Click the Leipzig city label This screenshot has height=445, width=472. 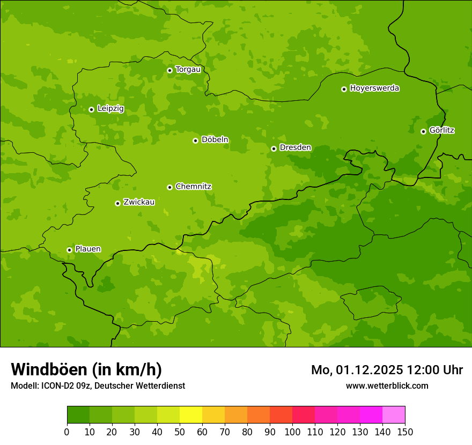click(x=110, y=109)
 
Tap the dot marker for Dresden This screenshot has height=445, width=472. click(x=274, y=149)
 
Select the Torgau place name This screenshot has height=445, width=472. click(x=188, y=70)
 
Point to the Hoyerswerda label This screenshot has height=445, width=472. click(x=374, y=88)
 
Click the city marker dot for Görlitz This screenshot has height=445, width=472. click(x=423, y=131)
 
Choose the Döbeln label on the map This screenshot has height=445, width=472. click(x=215, y=140)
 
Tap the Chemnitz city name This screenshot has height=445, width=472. click(x=193, y=187)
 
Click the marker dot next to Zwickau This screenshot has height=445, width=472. click(x=117, y=203)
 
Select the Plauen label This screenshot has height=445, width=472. click(x=88, y=249)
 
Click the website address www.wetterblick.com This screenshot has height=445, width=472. click(x=387, y=385)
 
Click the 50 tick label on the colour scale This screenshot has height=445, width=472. click(x=180, y=432)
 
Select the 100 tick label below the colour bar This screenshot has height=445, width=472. click(x=292, y=432)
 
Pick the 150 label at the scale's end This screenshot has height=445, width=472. click(x=405, y=432)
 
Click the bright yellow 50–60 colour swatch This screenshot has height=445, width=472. click(x=191, y=415)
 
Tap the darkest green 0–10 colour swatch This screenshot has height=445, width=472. click(x=78, y=415)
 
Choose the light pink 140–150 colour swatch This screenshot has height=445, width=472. click(x=394, y=415)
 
